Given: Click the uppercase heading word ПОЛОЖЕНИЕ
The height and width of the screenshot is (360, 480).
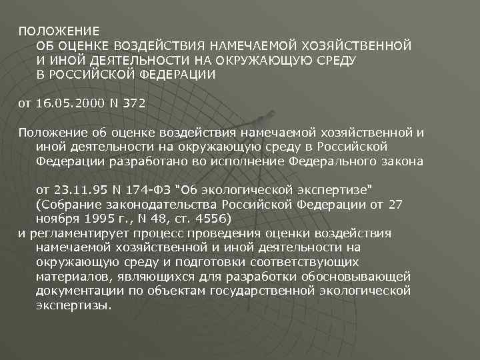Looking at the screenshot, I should click(x=58, y=31).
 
